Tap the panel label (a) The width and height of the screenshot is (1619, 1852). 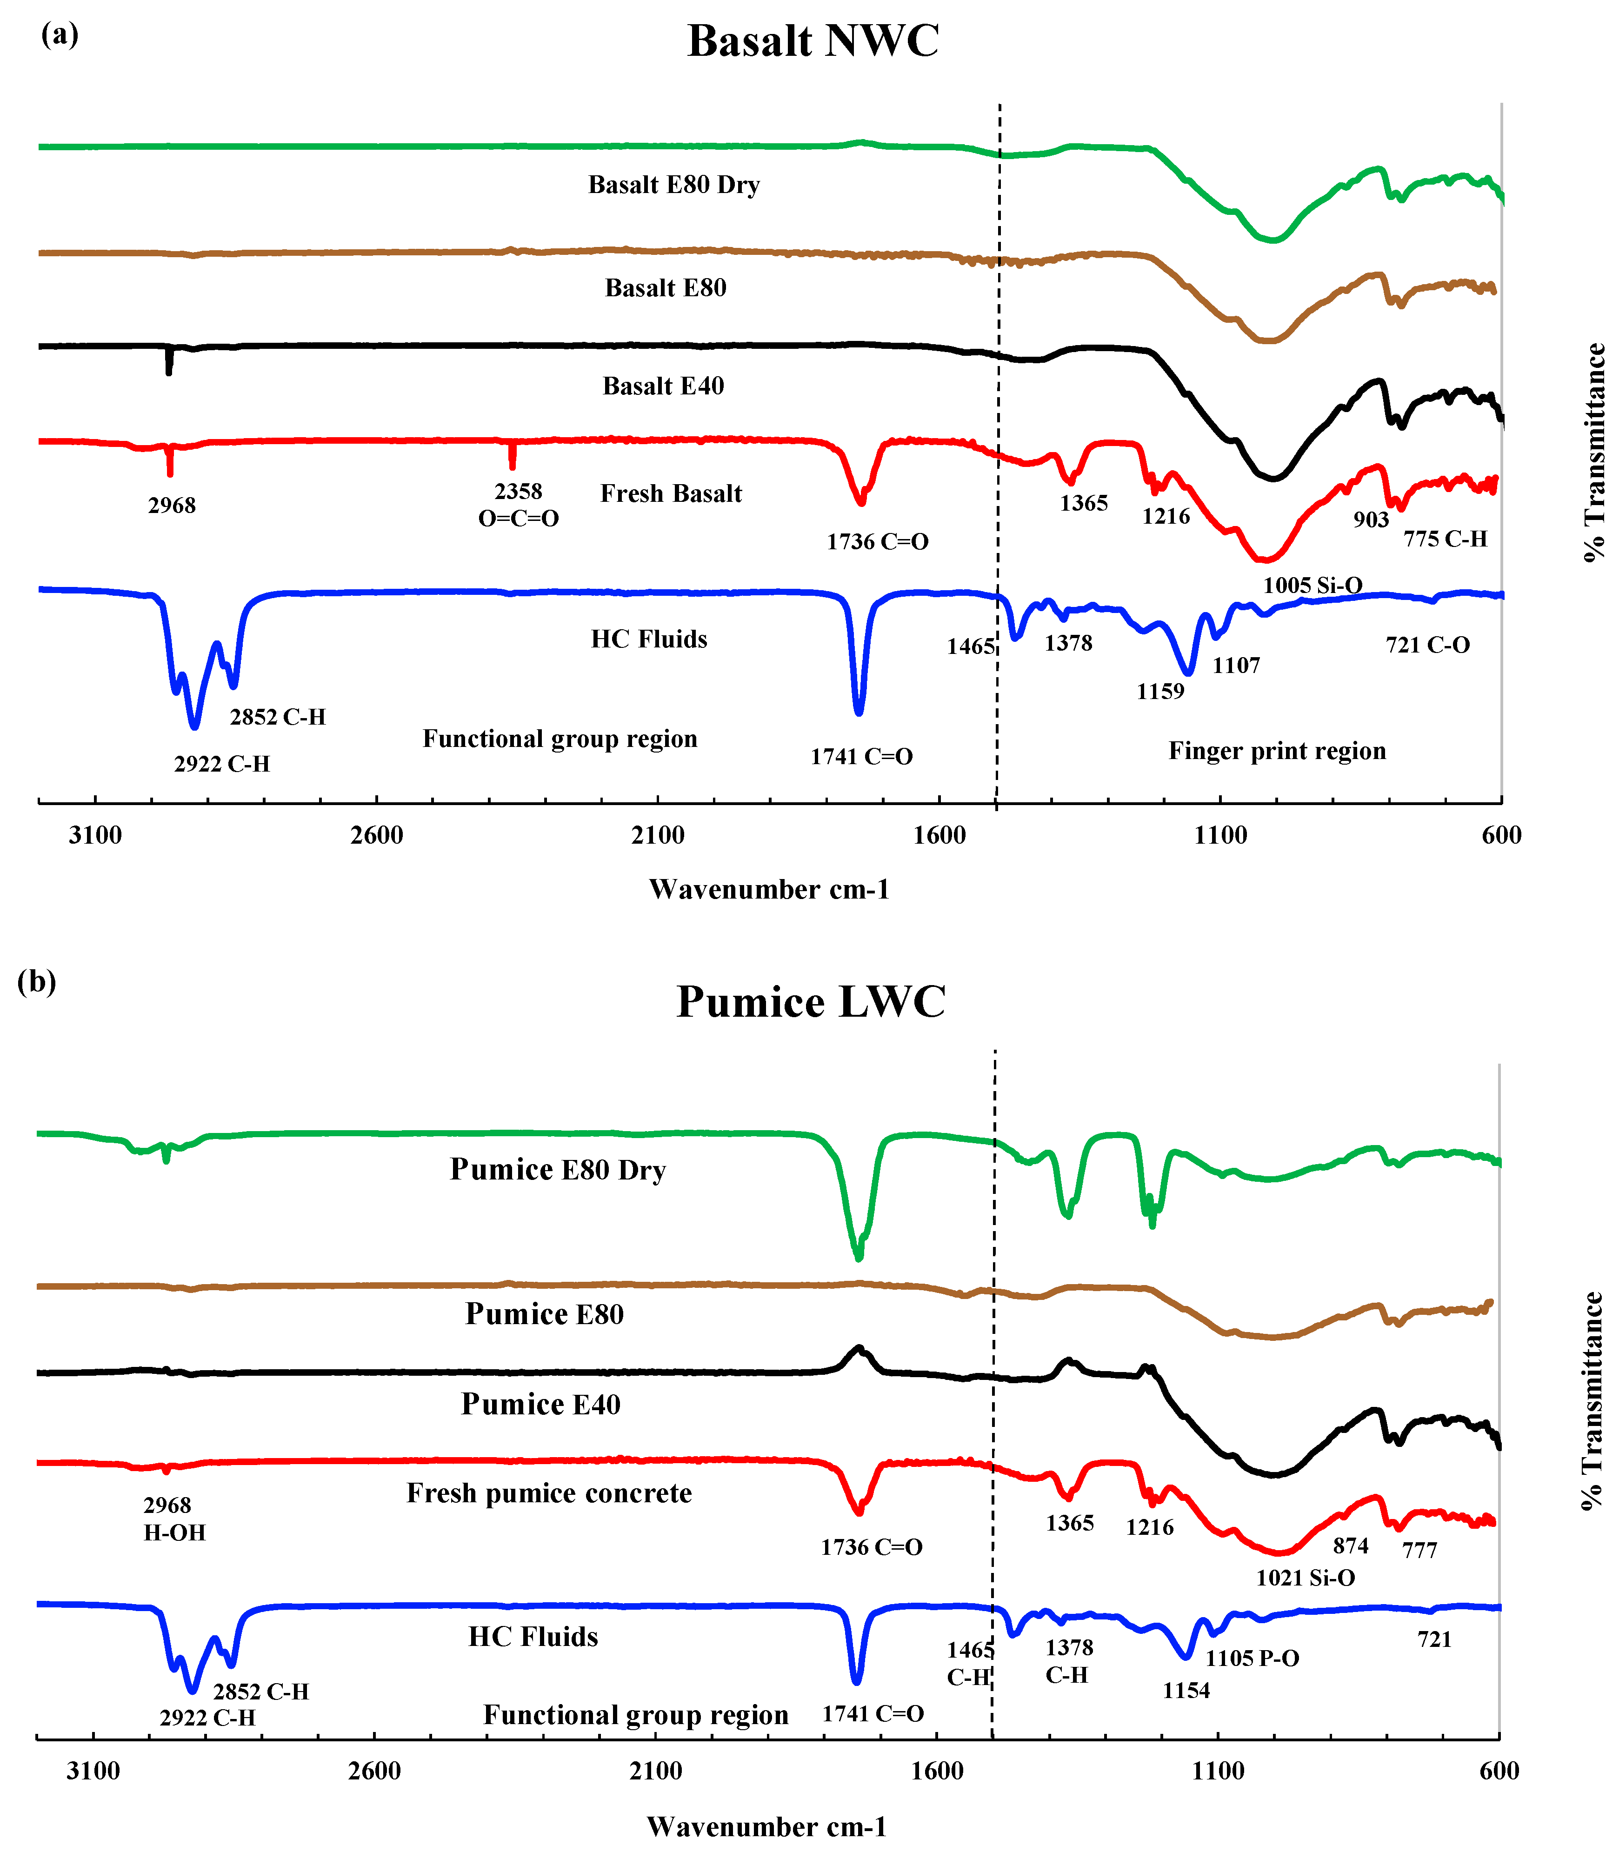(x=60, y=34)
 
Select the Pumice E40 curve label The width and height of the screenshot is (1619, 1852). (x=540, y=1405)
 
